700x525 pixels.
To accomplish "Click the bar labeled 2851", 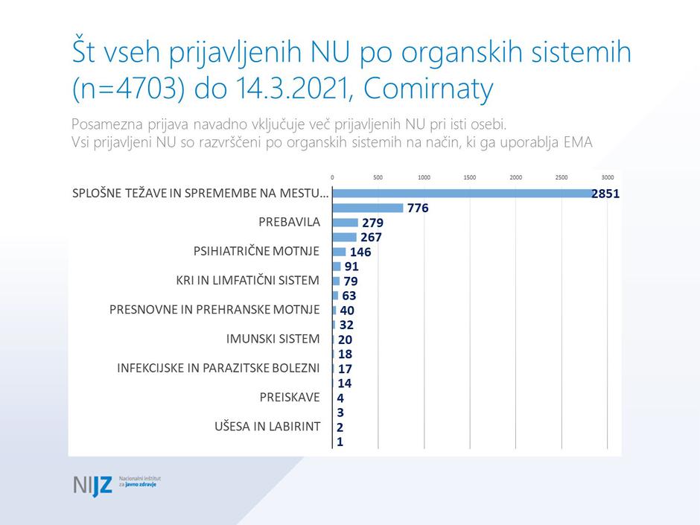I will pos(462,194).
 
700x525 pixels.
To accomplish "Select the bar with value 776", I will pos(368,209).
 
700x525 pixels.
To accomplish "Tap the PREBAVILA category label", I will pos(289,223).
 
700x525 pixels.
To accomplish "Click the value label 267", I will pos(371,238).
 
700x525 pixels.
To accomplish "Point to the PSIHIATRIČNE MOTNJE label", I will pos(256,252).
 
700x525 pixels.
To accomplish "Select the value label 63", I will pos(349,296).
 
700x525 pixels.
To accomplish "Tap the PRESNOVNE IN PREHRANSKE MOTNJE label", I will pos(214,310).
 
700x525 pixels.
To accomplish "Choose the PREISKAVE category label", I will pos(290,398).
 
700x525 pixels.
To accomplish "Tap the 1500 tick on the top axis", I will pos(470,178).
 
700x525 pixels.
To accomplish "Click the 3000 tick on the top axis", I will pos(608,178).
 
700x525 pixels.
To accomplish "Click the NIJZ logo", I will pos(93,485).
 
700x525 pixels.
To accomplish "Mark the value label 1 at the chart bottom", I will pos(340,442).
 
